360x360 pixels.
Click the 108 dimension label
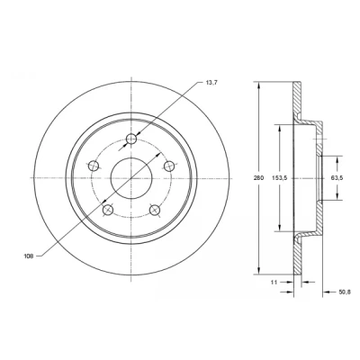(x=28, y=256)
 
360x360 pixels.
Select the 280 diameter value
(x=258, y=178)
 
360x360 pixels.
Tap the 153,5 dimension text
(x=280, y=178)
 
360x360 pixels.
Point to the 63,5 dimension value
(x=337, y=178)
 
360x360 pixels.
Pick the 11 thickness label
(x=274, y=282)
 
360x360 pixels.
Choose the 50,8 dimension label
(x=344, y=292)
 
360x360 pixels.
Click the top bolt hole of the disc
(x=131, y=139)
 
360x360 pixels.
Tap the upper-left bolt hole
(x=94, y=166)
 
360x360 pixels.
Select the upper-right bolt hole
(x=169, y=166)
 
